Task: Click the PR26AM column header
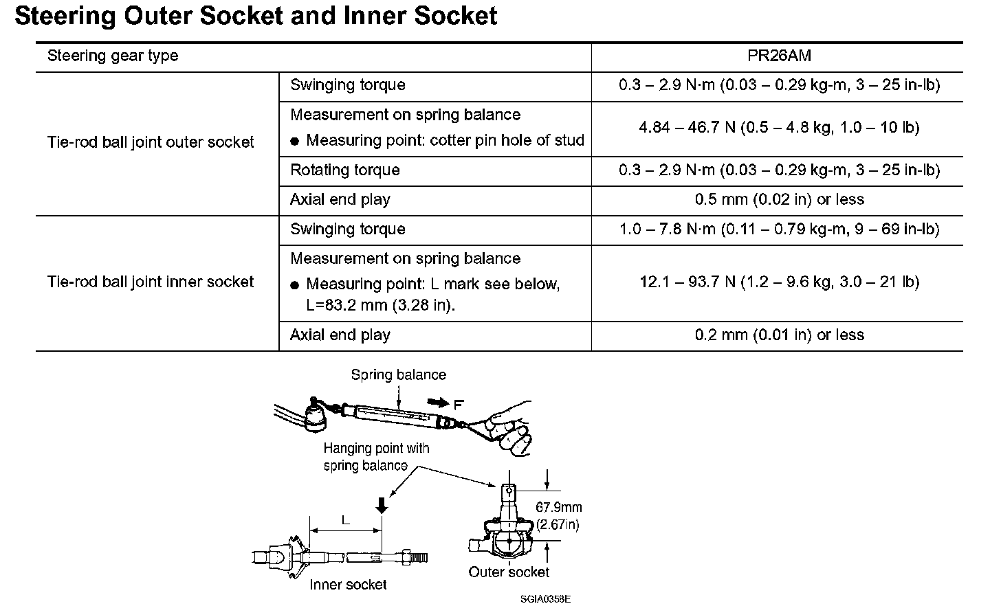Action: point(779,56)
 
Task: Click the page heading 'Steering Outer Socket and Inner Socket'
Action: point(255,15)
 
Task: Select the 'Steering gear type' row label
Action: point(112,56)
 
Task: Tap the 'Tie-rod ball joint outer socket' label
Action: point(151,142)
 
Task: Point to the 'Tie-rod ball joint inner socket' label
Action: point(151,282)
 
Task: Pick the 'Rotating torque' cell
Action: point(344,170)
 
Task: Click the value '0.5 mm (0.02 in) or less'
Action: point(779,200)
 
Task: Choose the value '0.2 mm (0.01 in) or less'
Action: point(779,335)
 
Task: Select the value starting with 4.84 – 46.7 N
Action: point(779,128)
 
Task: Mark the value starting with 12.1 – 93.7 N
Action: point(779,282)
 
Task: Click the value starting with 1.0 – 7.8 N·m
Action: point(779,229)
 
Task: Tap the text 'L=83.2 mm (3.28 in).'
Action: point(380,305)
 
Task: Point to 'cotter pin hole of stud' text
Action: point(507,141)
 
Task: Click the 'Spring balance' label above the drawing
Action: point(398,375)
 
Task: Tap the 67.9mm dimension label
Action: point(558,508)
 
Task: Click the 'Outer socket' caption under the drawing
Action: point(509,572)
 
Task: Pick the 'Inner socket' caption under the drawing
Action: point(348,585)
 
